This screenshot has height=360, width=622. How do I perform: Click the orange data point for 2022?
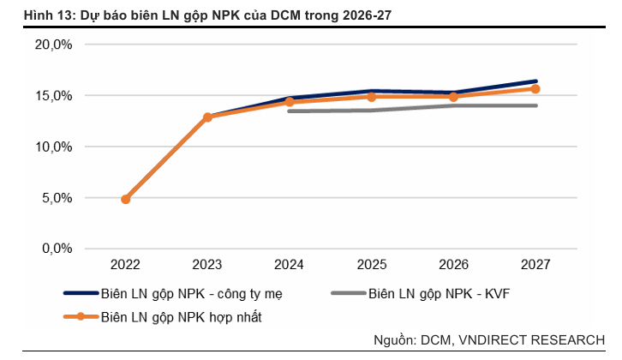[x=126, y=199]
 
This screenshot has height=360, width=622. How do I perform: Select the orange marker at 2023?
[x=207, y=117]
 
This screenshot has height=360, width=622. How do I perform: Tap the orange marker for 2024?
[x=290, y=102]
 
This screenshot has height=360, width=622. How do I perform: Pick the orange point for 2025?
[x=372, y=97]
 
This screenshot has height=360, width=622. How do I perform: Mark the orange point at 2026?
[x=454, y=96]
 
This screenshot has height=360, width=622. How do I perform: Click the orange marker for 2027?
[x=535, y=88]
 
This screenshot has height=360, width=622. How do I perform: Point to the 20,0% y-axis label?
[x=55, y=45]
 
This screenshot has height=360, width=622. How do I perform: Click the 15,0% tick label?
[x=55, y=96]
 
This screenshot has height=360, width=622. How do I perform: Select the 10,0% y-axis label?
[x=55, y=147]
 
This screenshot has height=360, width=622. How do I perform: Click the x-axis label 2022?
[x=126, y=265]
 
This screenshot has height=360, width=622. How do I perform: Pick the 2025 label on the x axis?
[x=372, y=265]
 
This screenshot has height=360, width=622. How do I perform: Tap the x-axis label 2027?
[x=535, y=265]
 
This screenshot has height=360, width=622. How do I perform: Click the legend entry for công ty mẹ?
[x=191, y=294]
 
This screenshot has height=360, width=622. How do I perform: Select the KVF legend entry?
[x=439, y=294]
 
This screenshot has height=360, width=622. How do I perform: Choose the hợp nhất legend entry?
[x=181, y=316]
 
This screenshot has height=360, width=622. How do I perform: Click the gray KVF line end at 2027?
[x=535, y=105]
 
